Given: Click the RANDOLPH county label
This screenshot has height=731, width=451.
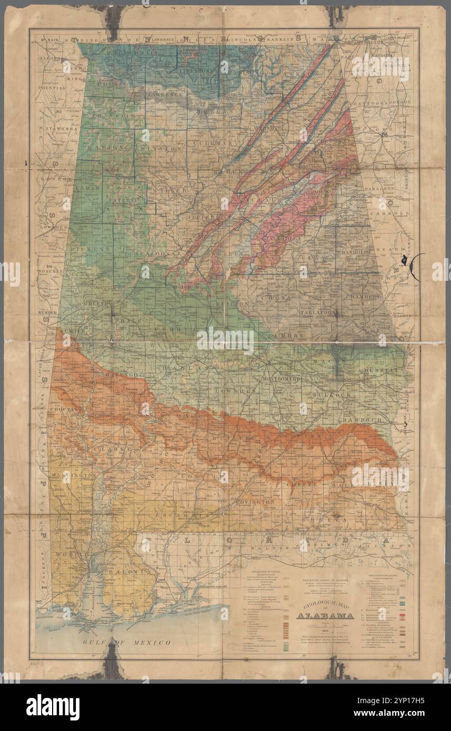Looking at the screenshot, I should coord(356,252).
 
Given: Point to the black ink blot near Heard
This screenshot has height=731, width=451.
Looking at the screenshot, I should coord(404,259).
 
